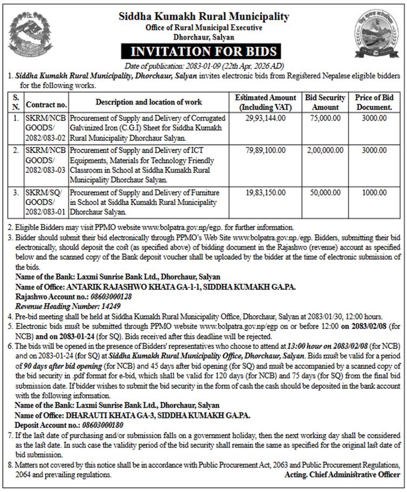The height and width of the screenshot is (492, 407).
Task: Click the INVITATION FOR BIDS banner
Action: pyautogui.click(x=204, y=52)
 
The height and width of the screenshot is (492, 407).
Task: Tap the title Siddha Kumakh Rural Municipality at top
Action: pyautogui.click(x=204, y=17)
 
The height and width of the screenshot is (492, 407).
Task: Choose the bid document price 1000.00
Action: pyautogui.click(x=373, y=192)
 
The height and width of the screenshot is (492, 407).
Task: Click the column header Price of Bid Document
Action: pyautogui.click(x=373, y=102)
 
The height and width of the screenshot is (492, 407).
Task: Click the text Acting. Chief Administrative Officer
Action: pyautogui.click(x=342, y=475)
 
